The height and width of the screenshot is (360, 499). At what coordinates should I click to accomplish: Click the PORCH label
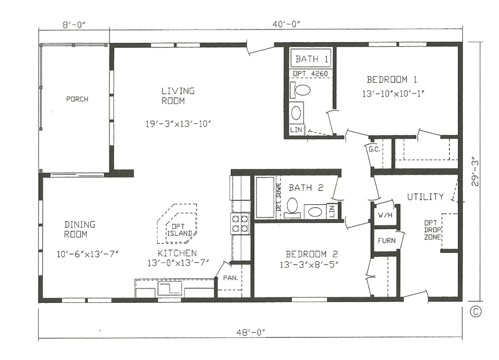click(77, 99)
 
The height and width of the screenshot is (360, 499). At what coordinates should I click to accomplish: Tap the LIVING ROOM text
click(178, 96)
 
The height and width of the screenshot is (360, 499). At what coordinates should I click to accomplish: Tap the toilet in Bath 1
click(302, 90)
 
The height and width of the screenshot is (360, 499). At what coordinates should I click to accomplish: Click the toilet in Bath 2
click(293, 206)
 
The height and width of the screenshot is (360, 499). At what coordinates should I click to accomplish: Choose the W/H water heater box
click(384, 214)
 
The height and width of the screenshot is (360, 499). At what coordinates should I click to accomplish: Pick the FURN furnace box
click(386, 240)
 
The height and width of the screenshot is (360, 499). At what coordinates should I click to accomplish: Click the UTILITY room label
click(425, 197)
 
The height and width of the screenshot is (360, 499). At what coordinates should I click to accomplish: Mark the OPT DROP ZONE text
click(431, 230)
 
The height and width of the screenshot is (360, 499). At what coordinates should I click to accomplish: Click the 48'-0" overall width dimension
click(250, 332)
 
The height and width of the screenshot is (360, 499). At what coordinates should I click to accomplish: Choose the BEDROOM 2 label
click(308, 253)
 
